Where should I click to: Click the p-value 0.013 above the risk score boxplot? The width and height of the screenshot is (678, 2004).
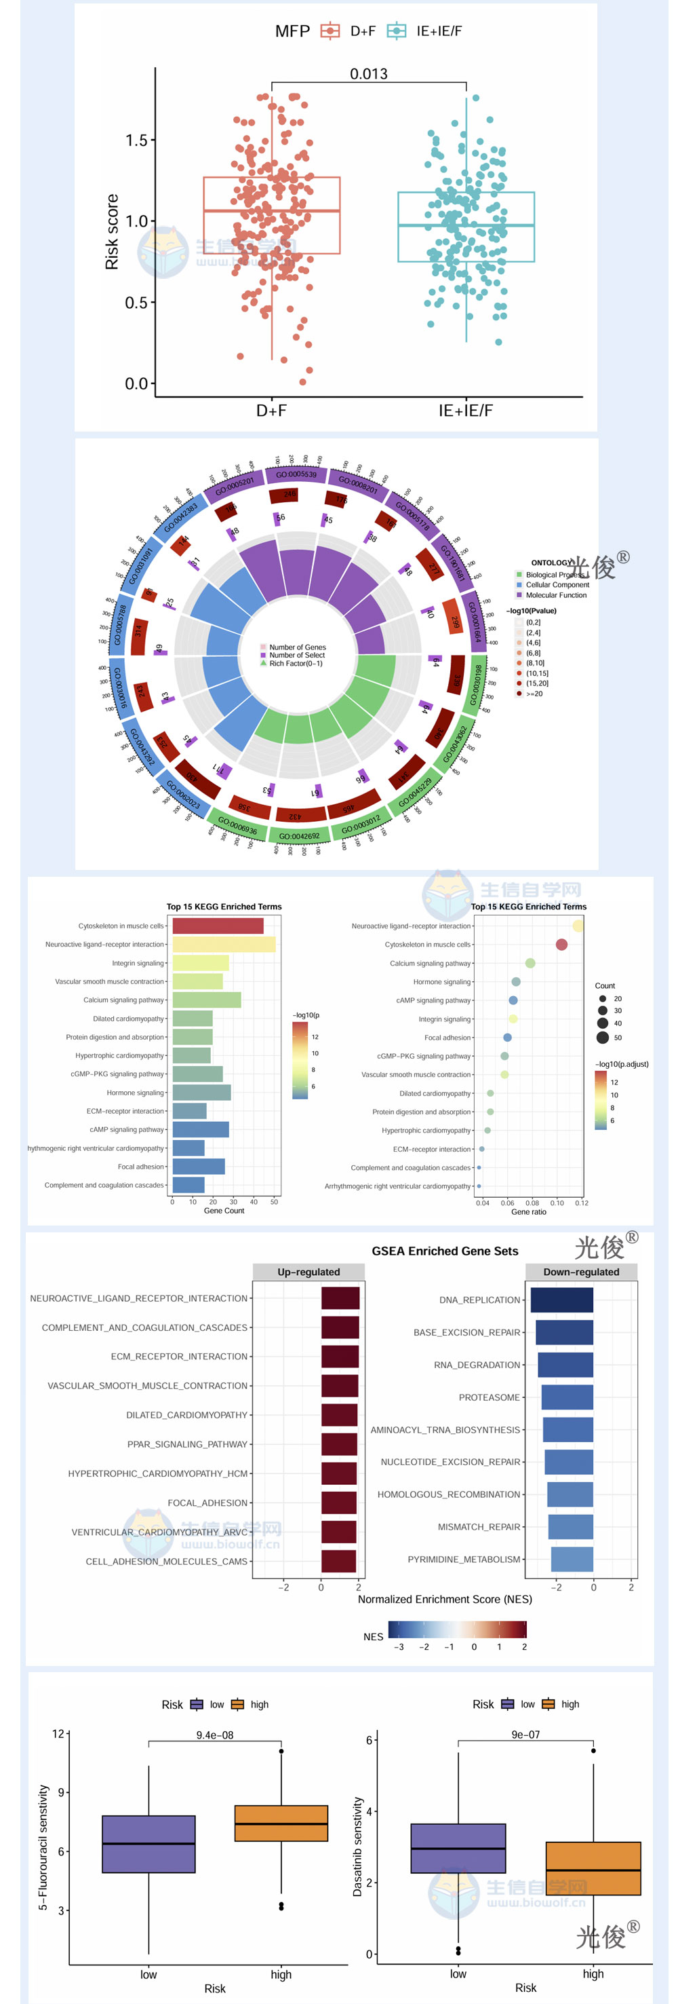pos(369,74)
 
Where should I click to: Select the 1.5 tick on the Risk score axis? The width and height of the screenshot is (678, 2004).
pos(136,140)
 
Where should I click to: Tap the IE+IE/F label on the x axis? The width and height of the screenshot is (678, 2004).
pos(465,411)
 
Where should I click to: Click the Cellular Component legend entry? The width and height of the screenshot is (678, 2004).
pos(557,585)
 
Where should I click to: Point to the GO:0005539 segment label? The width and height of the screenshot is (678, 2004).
pos(296,474)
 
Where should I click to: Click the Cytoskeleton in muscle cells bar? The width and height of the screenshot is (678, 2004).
pos(218,926)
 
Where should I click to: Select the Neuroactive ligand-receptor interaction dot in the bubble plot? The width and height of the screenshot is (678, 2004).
pos(578,926)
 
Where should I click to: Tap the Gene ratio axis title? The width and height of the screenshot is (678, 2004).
pos(529,1212)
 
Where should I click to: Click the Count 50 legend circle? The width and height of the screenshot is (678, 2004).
pos(603,1038)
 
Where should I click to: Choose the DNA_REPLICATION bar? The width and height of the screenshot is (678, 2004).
pos(561,1300)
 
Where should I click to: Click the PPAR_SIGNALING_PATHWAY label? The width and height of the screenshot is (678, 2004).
pos(187,1445)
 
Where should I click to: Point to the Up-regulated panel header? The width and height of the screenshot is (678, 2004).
pos(308,1272)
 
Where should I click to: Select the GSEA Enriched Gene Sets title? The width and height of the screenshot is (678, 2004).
pos(445,1251)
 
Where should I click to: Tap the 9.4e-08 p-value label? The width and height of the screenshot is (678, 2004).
pos(215,1735)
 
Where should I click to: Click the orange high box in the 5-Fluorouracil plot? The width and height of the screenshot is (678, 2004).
pos(281,1823)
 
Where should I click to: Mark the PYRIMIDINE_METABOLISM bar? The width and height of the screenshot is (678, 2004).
pos(572,1559)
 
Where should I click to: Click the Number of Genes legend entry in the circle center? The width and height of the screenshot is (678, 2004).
pos(297,647)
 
